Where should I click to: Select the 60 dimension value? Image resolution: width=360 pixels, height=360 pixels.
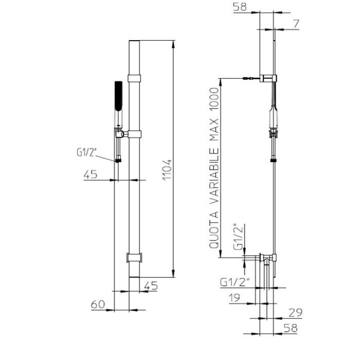pos(98,304)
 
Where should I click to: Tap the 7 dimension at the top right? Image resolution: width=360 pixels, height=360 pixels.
pos(297,24)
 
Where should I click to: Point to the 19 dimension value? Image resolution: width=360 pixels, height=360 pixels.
pos(235,297)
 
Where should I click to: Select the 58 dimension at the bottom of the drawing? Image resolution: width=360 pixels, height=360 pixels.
pos(291,328)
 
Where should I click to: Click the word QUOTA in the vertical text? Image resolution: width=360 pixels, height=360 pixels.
pos(214,233)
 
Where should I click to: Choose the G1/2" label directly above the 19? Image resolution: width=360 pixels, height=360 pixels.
pos(235,282)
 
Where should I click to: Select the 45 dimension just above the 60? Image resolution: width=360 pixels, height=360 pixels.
pos(151,286)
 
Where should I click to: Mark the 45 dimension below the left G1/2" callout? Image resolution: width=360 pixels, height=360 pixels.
pos(91,174)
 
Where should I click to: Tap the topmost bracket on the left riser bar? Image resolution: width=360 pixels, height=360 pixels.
pos(134,79)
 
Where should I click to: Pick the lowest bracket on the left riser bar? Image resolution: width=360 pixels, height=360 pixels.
pos(134,257)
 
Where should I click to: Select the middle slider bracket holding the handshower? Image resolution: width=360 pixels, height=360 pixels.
pos(134,135)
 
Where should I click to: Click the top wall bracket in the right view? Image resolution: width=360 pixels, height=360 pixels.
pos(269,78)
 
